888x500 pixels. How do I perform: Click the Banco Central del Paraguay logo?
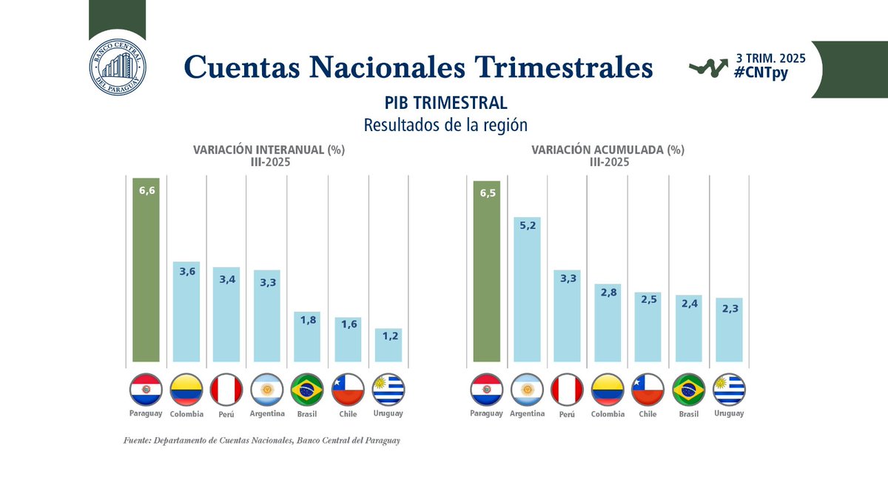(x=117, y=66)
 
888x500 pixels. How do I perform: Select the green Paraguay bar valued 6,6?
(x=146, y=270)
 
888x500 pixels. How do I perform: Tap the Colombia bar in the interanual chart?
(x=186, y=311)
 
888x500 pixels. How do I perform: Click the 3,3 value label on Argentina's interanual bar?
(x=266, y=282)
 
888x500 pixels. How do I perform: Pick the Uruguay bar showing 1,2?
(x=388, y=344)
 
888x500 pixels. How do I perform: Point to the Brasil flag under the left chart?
(x=307, y=390)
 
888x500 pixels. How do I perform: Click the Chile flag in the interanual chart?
(x=348, y=390)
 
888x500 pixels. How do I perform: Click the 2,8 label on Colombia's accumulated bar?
(x=608, y=293)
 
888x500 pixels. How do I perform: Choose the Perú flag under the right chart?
(x=567, y=390)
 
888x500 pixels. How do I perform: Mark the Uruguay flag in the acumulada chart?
(x=729, y=390)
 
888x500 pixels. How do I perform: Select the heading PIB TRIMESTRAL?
(x=445, y=103)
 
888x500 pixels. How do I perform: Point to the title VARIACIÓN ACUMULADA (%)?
(x=608, y=150)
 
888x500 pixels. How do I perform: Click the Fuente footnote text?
(x=262, y=441)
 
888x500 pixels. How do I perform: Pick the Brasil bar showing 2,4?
(x=688, y=329)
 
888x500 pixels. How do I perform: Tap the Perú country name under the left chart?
(x=226, y=414)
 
